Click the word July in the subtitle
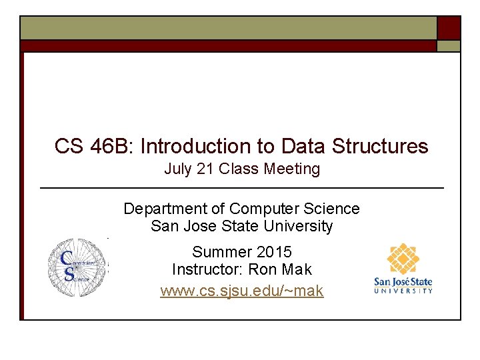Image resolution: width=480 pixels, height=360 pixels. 178,169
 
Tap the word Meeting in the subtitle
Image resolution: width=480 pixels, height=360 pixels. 292,169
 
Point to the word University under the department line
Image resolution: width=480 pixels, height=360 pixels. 298,227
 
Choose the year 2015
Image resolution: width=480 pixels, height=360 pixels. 274,253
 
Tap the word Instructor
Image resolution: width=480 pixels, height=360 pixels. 207,270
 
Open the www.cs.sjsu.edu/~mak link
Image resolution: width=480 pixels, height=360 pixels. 241,291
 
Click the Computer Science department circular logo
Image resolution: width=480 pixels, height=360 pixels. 77,267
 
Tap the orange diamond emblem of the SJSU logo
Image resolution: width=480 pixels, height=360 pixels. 403,260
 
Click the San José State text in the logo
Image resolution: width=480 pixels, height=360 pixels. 403,282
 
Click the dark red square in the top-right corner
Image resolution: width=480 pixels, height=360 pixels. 449,28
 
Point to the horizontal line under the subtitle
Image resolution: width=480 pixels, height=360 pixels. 242,189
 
